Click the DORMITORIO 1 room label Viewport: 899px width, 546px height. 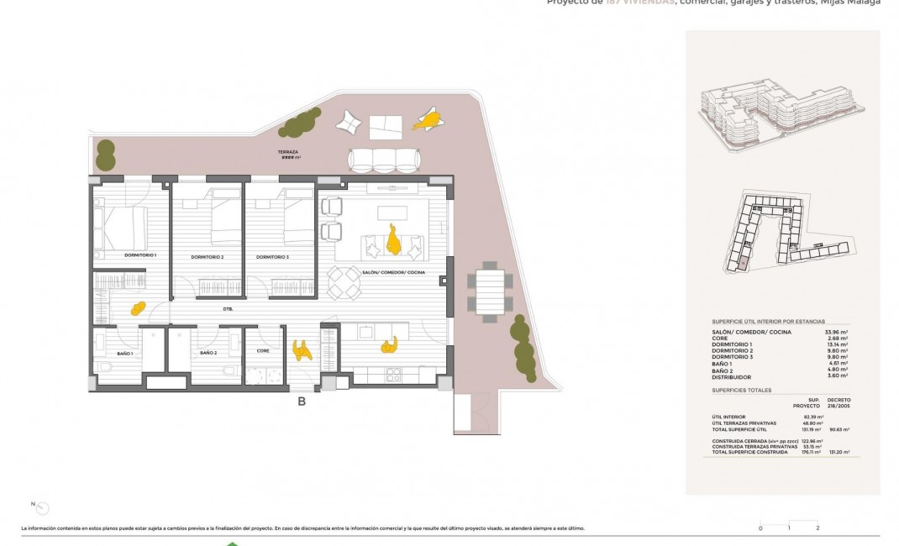[140, 255]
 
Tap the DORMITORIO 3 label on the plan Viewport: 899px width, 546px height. [272, 257]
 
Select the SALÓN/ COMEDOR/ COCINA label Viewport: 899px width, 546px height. [393, 273]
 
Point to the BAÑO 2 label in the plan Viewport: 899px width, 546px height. [208, 354]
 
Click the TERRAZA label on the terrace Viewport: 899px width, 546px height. [288, 153]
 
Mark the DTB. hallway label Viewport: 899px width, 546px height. [228, 309]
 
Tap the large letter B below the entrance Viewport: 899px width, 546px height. [302, 402]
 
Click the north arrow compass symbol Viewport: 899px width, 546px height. [43, 507]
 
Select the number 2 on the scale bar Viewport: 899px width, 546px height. [818, 528]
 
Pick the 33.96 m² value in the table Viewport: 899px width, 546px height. [836, 332]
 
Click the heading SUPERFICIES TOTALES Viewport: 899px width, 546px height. [742, 390]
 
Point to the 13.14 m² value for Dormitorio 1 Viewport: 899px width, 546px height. [836, 344]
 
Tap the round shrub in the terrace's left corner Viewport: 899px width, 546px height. [106, 155]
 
